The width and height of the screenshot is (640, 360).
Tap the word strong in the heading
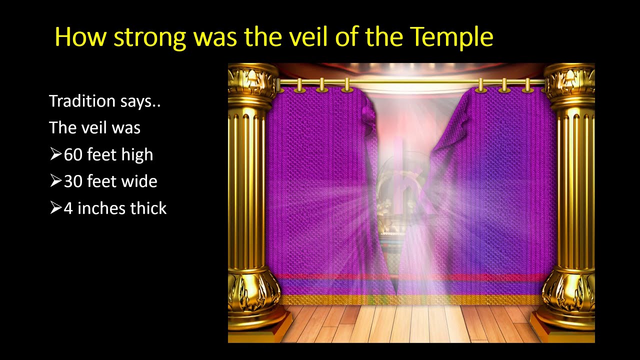pos(150,38)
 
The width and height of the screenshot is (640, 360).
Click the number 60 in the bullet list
pos(73,155)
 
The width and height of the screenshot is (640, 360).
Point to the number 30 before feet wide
pos(73,181)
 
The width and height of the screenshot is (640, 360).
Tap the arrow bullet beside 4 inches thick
pos(55,207)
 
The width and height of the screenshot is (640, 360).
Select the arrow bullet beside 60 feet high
pos(55,154)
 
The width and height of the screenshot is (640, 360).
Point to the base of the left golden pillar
pos(256,300)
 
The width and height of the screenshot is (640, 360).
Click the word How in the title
pos(81,37)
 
